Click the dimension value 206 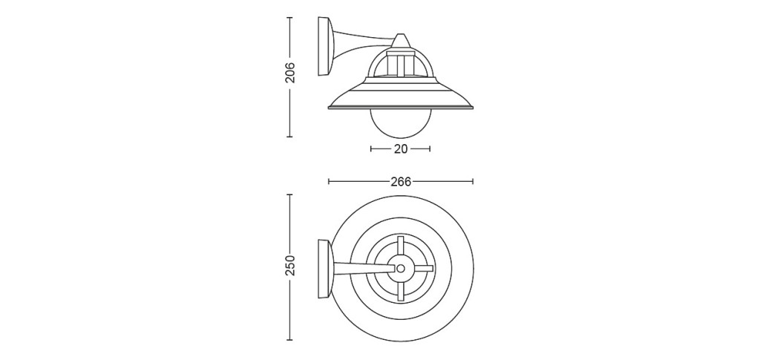point(290,72)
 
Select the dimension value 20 point(400,149)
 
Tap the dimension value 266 point(401,182)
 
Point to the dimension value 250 point(290,265)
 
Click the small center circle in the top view point(400,268)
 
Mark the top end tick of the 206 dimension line point(290,17)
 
